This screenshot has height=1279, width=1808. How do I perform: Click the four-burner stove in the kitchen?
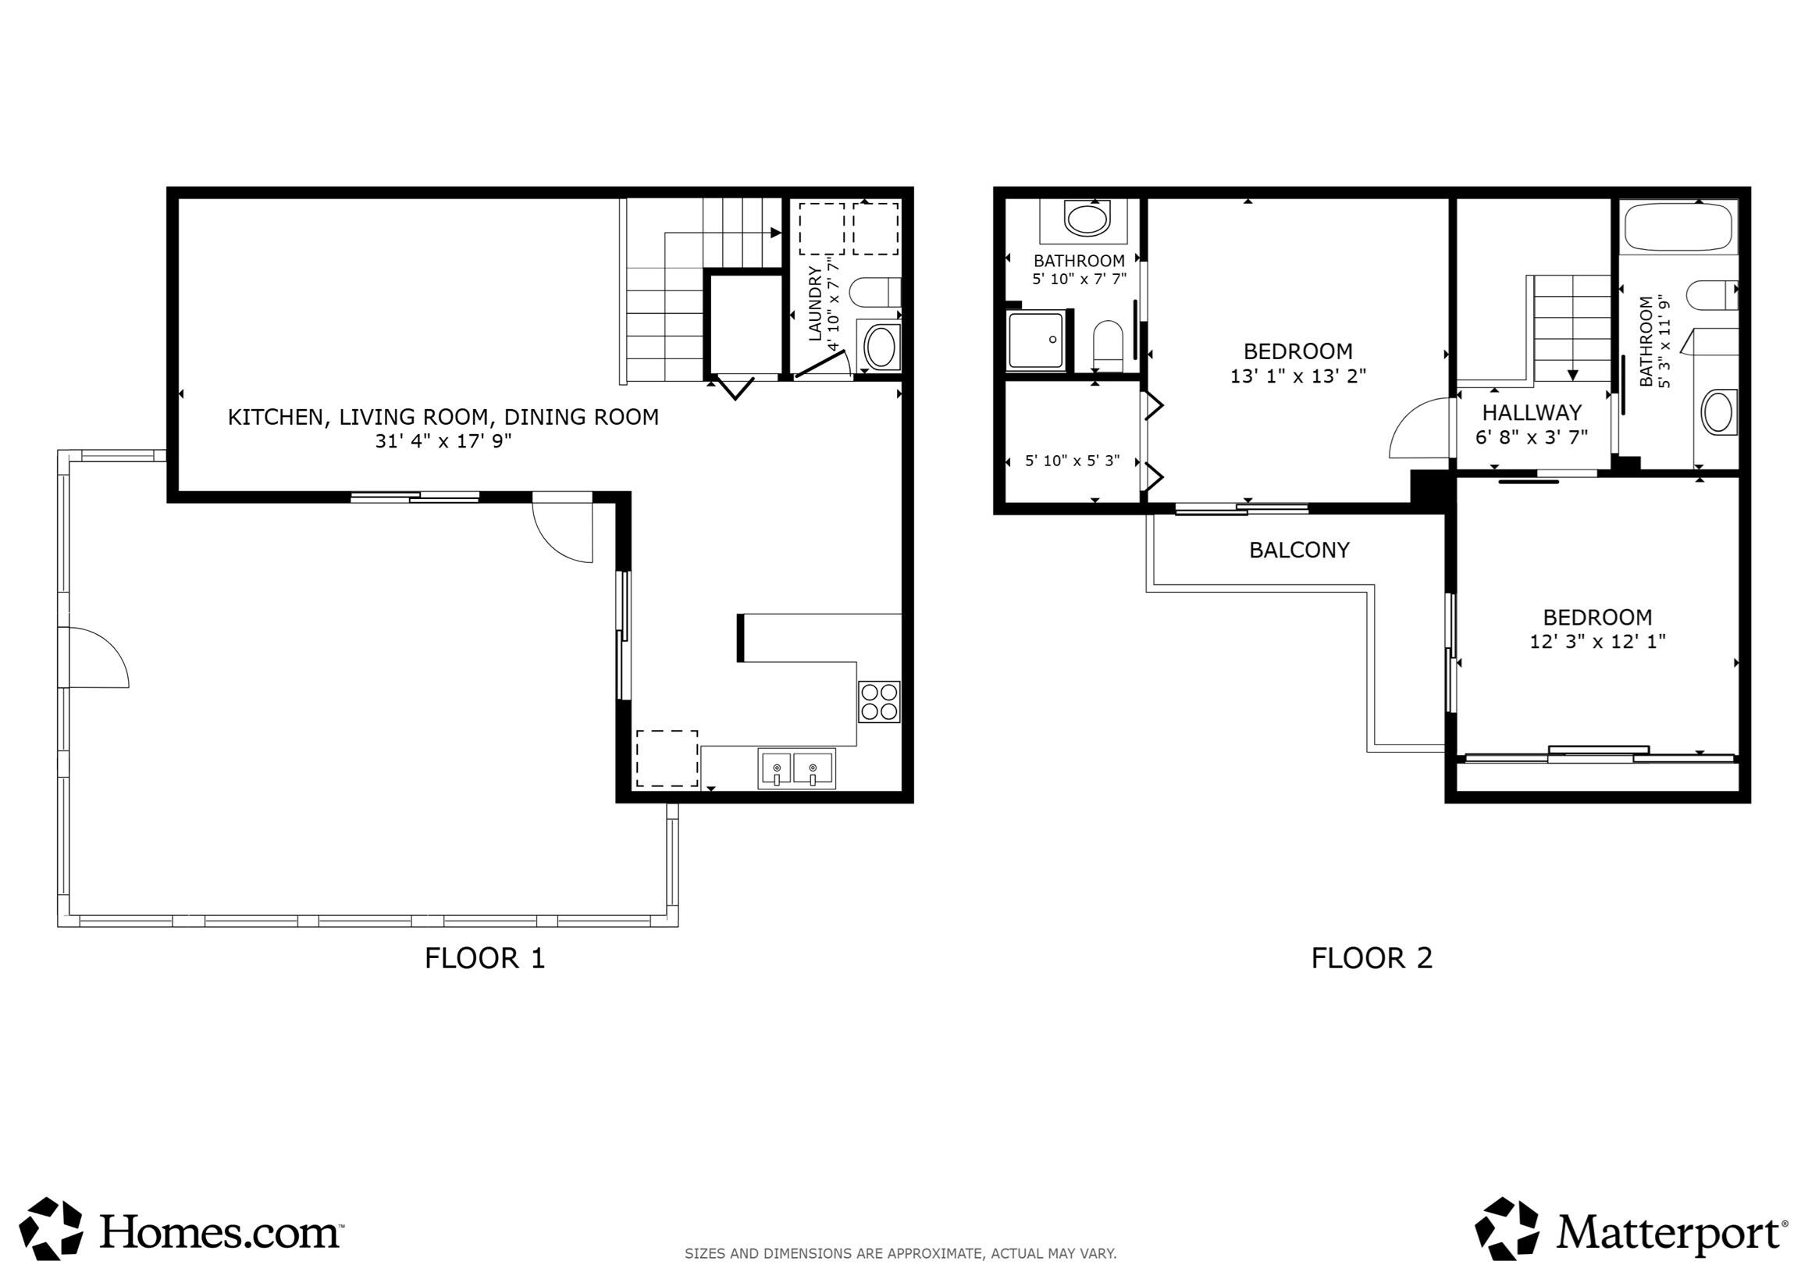(x=879, y=701)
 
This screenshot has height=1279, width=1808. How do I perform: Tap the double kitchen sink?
(x=796, y=768)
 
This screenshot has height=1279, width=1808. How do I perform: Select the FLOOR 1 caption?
(x=484, y=957)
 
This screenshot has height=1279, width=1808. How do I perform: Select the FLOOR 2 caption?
(x=1371, y=957)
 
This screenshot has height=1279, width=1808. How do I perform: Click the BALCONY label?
(x=1299, y=550)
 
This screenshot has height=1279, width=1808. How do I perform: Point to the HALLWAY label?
(x=1532, y=413)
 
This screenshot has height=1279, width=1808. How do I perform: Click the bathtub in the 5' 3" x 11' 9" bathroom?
(x=1678, y=226)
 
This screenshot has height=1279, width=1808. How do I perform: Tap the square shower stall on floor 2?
(x=1035, y=340)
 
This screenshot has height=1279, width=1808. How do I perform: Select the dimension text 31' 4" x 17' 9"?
(x=443, y=441)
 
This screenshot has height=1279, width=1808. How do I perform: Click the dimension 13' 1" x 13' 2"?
(x=1297, y=376)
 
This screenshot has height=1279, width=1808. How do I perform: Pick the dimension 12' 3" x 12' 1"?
(x=1597, y=642)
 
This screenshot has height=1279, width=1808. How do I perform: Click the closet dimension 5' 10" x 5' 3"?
(x=1072, y=461)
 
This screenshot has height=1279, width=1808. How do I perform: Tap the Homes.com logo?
(x=181, y=1230)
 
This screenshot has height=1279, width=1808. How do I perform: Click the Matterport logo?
(x=1630, y=1230)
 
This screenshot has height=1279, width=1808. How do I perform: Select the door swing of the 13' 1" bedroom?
(x=1420, y=429)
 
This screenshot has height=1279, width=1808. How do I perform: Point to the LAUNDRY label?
(x=815, y=303)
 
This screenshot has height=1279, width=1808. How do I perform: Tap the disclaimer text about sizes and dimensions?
(x=900, y=1253)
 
